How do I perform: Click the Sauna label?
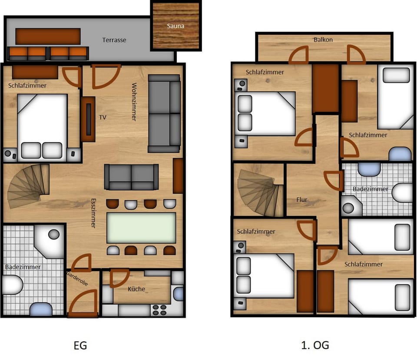[175, 26]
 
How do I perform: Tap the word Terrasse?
[114, 40]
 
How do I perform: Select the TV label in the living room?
[103, 117]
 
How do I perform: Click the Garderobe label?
[77, 278]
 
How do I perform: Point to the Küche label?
[136, 289]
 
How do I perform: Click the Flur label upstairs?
[301, 200]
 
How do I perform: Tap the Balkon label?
[323, 40]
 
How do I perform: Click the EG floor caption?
[80, 346]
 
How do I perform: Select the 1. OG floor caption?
[314, 346]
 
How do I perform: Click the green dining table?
[141, 228]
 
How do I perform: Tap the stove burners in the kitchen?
[159, 310]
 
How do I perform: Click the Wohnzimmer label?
[134, 102]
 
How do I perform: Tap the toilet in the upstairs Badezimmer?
[402, 192]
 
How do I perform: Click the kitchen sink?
[178, 294]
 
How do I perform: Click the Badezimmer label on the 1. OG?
[370, 189]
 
